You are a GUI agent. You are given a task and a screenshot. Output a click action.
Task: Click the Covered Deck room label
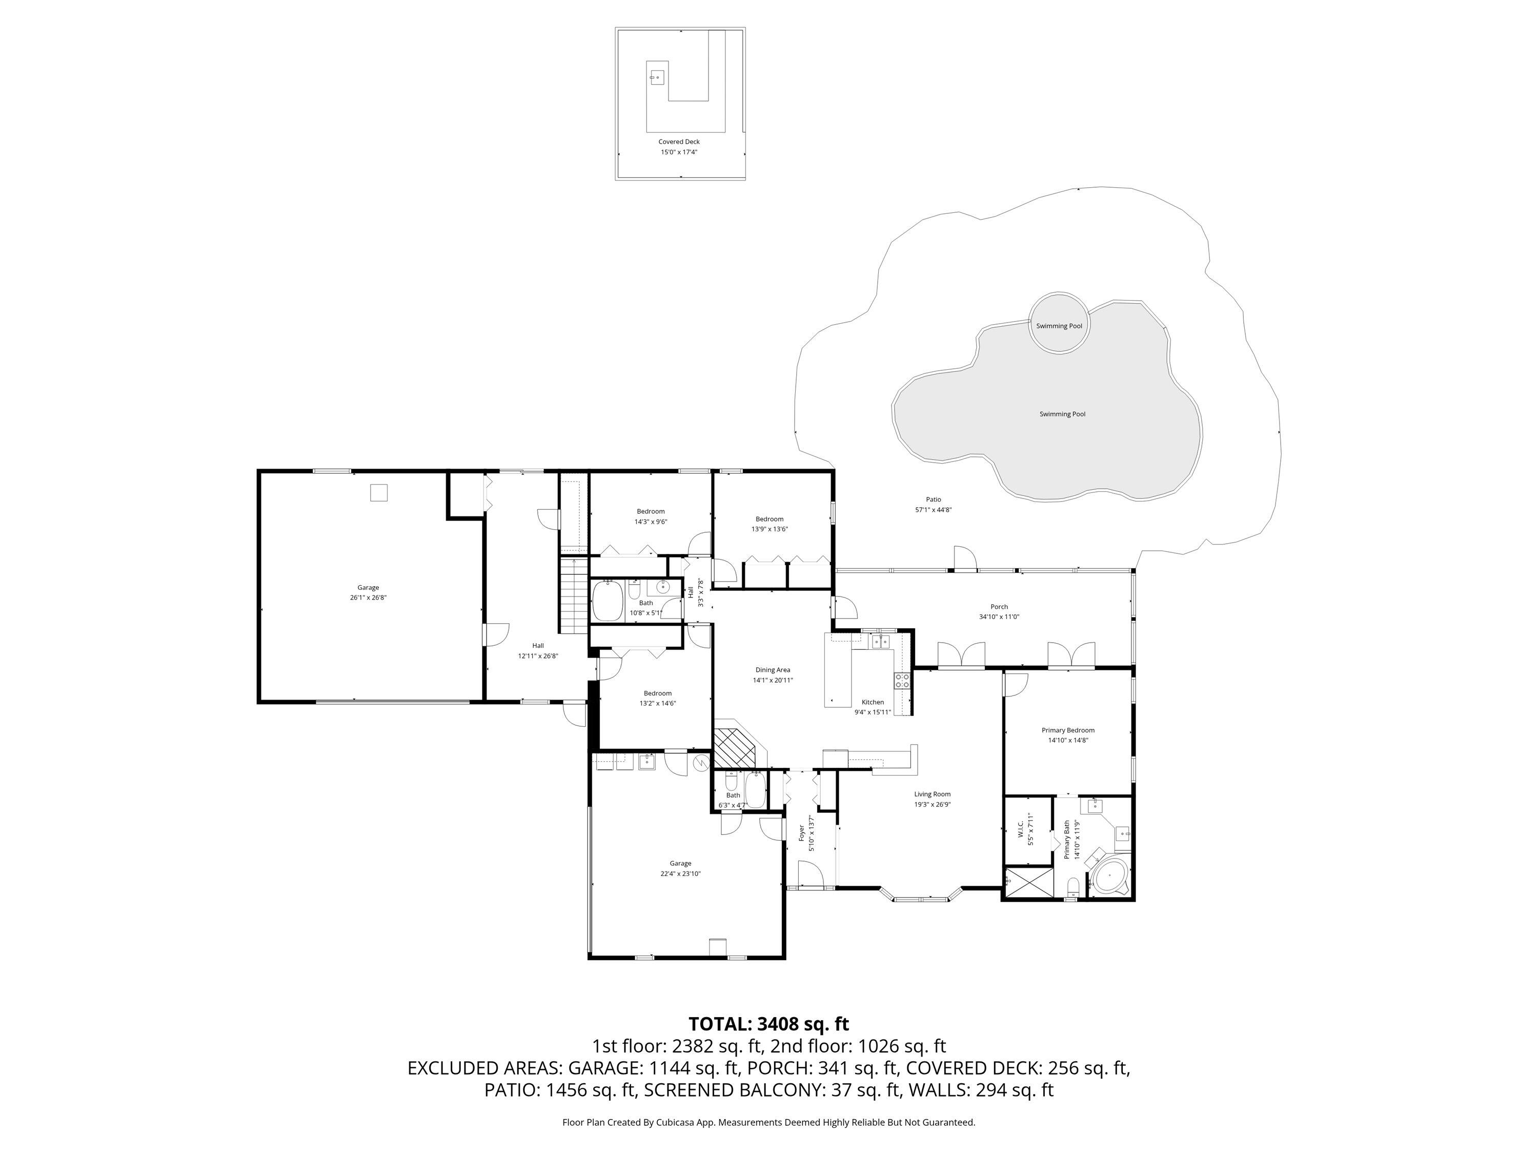(679, 142)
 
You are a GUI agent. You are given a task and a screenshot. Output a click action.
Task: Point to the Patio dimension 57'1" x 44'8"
(933, 510)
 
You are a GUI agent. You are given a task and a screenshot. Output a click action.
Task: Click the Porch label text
(999, 607)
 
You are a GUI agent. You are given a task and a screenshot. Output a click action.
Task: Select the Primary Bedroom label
(1067, 730)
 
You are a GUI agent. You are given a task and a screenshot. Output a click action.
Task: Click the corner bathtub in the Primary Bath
(1107, 875)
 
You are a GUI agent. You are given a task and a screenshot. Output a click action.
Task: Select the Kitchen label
(872, 703)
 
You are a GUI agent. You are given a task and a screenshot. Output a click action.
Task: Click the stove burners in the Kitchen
(901, 680)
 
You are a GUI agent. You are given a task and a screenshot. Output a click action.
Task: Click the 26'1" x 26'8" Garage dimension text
(368, 598)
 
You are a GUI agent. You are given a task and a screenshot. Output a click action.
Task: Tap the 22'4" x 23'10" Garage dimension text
(680, 873)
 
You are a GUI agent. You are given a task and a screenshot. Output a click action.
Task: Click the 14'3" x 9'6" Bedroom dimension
(650, 522)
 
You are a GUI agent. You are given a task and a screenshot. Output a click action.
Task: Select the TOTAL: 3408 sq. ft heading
(768, 1024)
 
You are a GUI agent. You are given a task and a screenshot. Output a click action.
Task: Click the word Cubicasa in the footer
(672, 1122)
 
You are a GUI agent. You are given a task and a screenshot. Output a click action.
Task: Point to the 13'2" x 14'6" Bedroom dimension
(657, 703)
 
